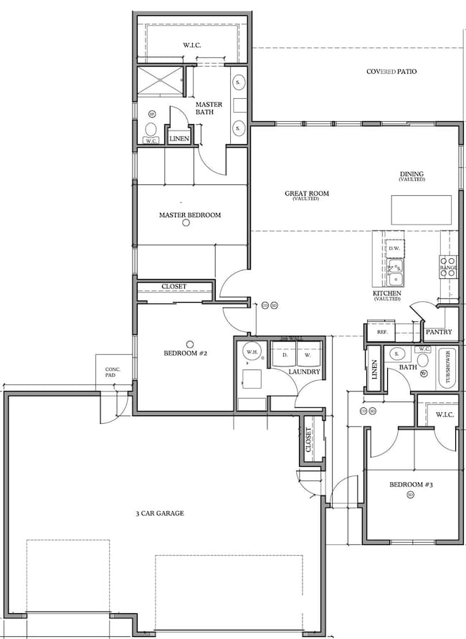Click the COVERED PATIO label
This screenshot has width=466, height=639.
point(391,72)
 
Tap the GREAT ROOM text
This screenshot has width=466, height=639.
point(306,194)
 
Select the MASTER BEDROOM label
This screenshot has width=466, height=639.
point(189,215)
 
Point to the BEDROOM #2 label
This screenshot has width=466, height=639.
point(186,353)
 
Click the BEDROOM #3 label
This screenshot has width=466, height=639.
point(411,485)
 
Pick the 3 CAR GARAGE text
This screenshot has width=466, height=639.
point(160,513)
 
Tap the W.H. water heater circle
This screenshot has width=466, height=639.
point(252,352)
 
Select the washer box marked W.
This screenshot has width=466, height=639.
point(307,354)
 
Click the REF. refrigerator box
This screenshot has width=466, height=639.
point(381,333)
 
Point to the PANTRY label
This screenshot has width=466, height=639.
point(437,333)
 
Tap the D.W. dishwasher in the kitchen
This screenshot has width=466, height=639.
point(394,249)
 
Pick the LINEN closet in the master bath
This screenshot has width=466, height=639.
point(179,138)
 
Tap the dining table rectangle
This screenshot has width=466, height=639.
point(422,209)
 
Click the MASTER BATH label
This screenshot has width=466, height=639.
point(209,108)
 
